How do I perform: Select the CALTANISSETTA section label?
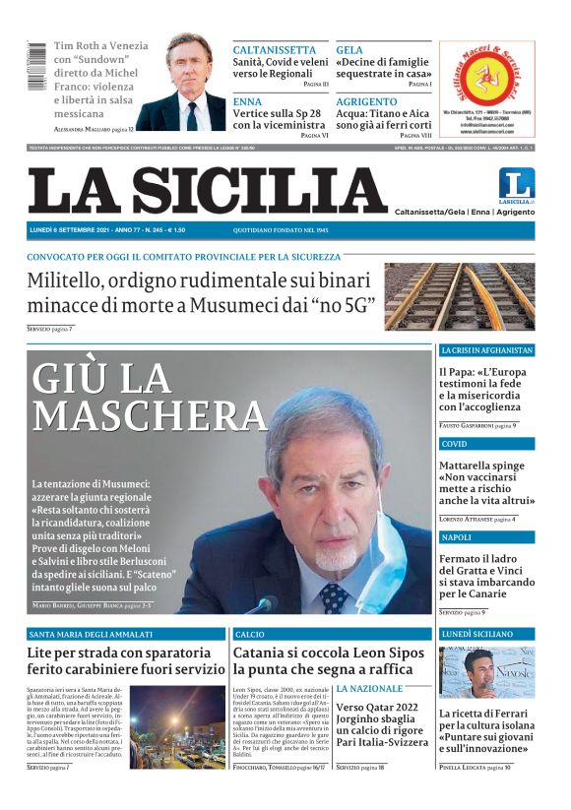(275, 49)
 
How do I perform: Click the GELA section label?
(349, 49)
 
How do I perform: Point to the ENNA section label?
(248, 101)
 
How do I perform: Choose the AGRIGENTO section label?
(366, 101)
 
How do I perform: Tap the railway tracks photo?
(459, 295)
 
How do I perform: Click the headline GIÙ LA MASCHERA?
(148, 395)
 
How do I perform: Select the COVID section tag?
(454, 444)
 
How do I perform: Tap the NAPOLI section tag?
(456, 537)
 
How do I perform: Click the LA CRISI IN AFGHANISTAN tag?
(486, 350)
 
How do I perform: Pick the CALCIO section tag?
(250, 635)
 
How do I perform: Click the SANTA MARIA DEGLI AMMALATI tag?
(92, 635)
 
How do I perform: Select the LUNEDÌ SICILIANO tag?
(476, 635)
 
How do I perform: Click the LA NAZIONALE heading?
(369, 688)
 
